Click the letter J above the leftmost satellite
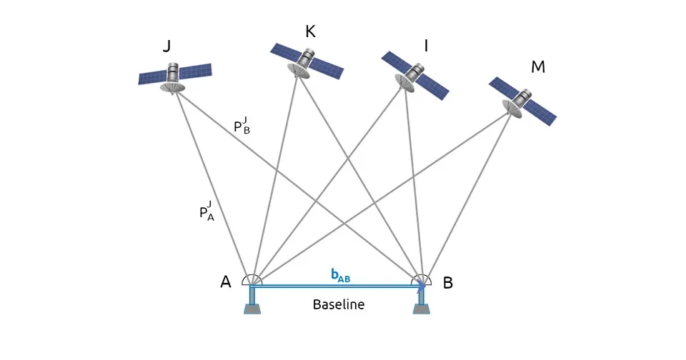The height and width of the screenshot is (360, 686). point(166,47)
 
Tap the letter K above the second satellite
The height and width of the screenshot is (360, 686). point(310,31)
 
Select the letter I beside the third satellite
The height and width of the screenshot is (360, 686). point(426,46)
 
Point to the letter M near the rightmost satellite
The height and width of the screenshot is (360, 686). point(538,67)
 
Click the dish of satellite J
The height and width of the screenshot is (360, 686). point(172,87)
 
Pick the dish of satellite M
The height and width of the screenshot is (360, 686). point(513,108)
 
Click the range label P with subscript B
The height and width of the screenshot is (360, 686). point(242,126)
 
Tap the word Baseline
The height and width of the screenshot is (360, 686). point(339,304)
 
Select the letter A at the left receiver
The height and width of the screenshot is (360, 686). point(226,282)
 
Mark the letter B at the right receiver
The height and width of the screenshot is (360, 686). point(448,283)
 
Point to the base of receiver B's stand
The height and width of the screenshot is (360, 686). point(422,309)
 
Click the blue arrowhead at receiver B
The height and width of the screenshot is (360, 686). point(422,285)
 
